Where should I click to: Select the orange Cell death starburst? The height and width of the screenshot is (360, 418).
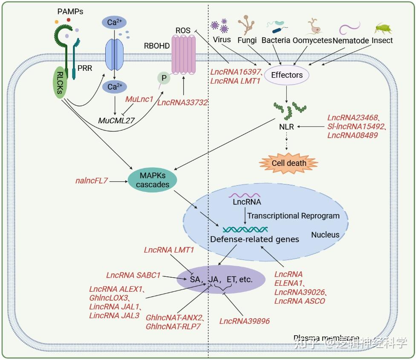pos(289,163)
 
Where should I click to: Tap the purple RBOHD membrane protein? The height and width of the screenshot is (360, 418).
pos(183,55)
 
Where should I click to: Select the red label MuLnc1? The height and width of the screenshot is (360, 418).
pos(139,99)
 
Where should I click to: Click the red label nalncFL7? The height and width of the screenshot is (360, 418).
pos(91,181)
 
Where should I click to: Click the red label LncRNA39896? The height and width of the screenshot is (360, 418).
pos(245,321)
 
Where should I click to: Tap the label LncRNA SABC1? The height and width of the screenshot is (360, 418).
pos(133,275)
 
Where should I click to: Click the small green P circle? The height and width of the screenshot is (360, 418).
pos(164,78)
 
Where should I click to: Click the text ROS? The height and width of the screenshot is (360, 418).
pos(184,31)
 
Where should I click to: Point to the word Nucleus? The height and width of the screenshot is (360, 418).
pos(325,235)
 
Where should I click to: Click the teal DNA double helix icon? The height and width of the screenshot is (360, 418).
pos(245,229)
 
